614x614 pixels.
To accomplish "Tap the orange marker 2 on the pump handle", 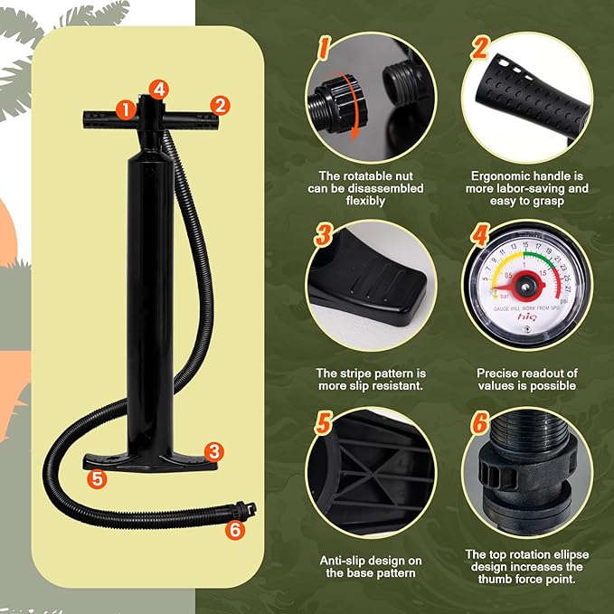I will (x=218, y=105).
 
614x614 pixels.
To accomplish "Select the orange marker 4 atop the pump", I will (x=159, y=88).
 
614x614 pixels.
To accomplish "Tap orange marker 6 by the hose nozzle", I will (x=236, y=530).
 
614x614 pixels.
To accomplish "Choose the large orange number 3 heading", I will (x=323, y=238).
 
